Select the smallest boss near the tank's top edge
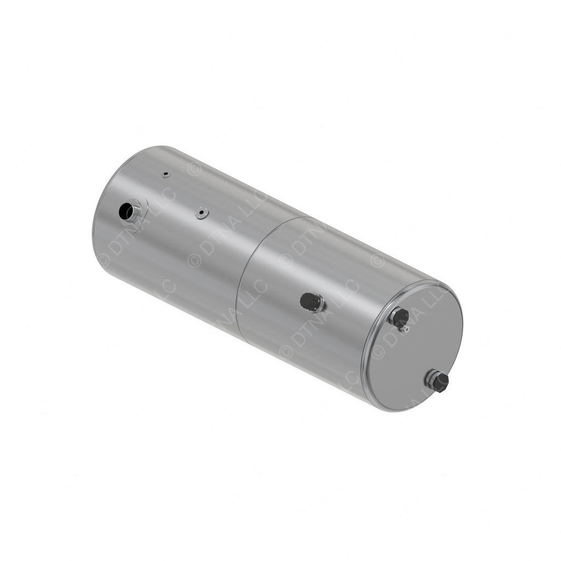click(x=165, y=175)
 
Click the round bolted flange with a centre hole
click(x=202, y=213)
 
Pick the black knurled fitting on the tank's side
click(x=311, y=302)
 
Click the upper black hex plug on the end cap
click(x=400, y=317)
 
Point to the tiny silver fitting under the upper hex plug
click(x=405, y=329)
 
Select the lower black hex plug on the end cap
click(x=439, y=381)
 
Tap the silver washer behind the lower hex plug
click(x=430, y=377)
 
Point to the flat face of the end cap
click(x=416, y=356)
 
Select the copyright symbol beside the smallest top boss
click(x=194, y=169)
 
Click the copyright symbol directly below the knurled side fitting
click(x=286, y=351)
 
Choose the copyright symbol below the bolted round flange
click(x=194, y=259)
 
